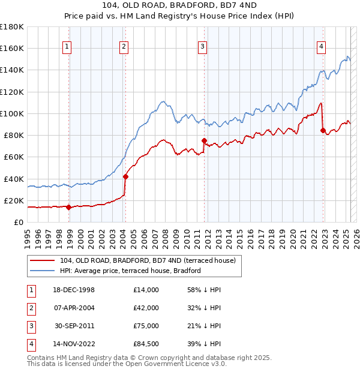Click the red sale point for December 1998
[x=68, y=208]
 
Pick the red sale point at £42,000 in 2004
[x=125, y=176]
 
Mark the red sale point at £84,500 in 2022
[x=323, y=130]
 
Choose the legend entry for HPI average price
[x=130, y=271]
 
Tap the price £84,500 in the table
[x=146, y=344]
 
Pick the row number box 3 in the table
[x=31, y=326]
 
